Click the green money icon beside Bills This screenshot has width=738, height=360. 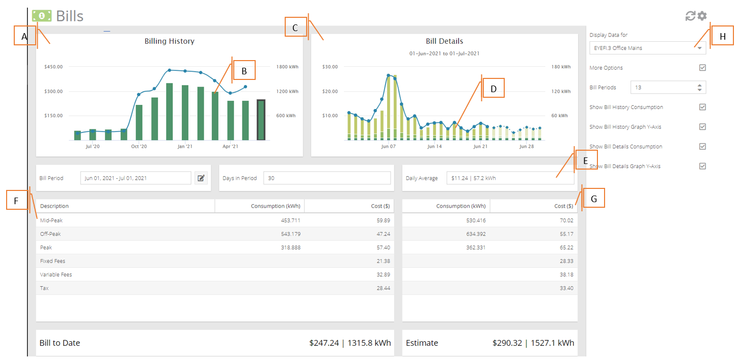[42, 16]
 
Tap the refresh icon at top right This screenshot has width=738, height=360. [690, 16]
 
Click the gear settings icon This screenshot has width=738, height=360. [702, 16]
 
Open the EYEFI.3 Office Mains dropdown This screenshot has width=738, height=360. [647, 48]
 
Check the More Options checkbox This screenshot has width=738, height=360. [702, 68]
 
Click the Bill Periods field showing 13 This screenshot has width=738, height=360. [668, 87]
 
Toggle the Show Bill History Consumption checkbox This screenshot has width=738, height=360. [702, 107]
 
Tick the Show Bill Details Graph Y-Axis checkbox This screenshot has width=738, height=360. [702, 166]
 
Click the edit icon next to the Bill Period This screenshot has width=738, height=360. [201, 178]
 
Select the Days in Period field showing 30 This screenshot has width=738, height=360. [327, 178]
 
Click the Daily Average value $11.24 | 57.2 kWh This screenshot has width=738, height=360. [474, 178]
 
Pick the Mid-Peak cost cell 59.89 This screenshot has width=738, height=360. [384, 220]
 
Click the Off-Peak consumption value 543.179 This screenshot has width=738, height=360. [291, 234]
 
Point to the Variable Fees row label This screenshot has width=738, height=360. [56, 274]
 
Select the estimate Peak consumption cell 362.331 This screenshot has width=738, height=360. [476, 247]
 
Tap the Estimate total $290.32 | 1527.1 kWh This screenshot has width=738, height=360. [533, 343]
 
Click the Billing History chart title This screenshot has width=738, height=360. [169, 41]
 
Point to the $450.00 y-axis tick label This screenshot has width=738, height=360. [53, 67]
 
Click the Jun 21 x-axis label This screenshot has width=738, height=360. [480, 146]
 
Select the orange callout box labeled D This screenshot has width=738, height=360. [493, 88]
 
